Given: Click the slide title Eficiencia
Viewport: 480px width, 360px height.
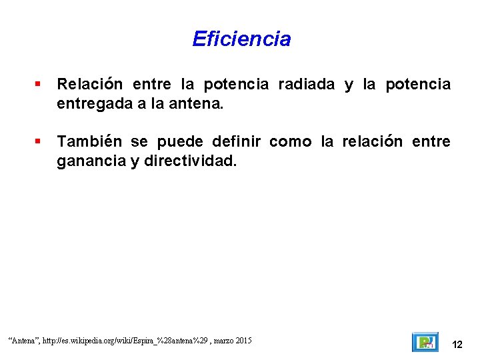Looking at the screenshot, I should coord(241,39).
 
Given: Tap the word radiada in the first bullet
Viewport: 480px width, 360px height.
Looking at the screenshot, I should coord(306,85).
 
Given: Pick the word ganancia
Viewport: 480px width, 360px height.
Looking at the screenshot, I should coord(90,161).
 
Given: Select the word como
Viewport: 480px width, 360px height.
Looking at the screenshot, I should coord(291,141).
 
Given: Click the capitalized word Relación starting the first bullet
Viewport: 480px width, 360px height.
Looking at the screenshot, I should coord(90,85).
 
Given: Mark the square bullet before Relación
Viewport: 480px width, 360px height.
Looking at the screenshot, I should coord(39,85).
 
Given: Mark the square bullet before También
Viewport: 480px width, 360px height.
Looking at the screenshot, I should coord(39,141).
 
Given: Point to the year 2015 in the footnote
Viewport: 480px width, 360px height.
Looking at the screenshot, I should coord(243,341).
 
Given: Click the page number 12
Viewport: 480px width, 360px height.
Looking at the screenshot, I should coord(457,345).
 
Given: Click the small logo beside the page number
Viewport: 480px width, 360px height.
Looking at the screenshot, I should coord(425,342).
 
